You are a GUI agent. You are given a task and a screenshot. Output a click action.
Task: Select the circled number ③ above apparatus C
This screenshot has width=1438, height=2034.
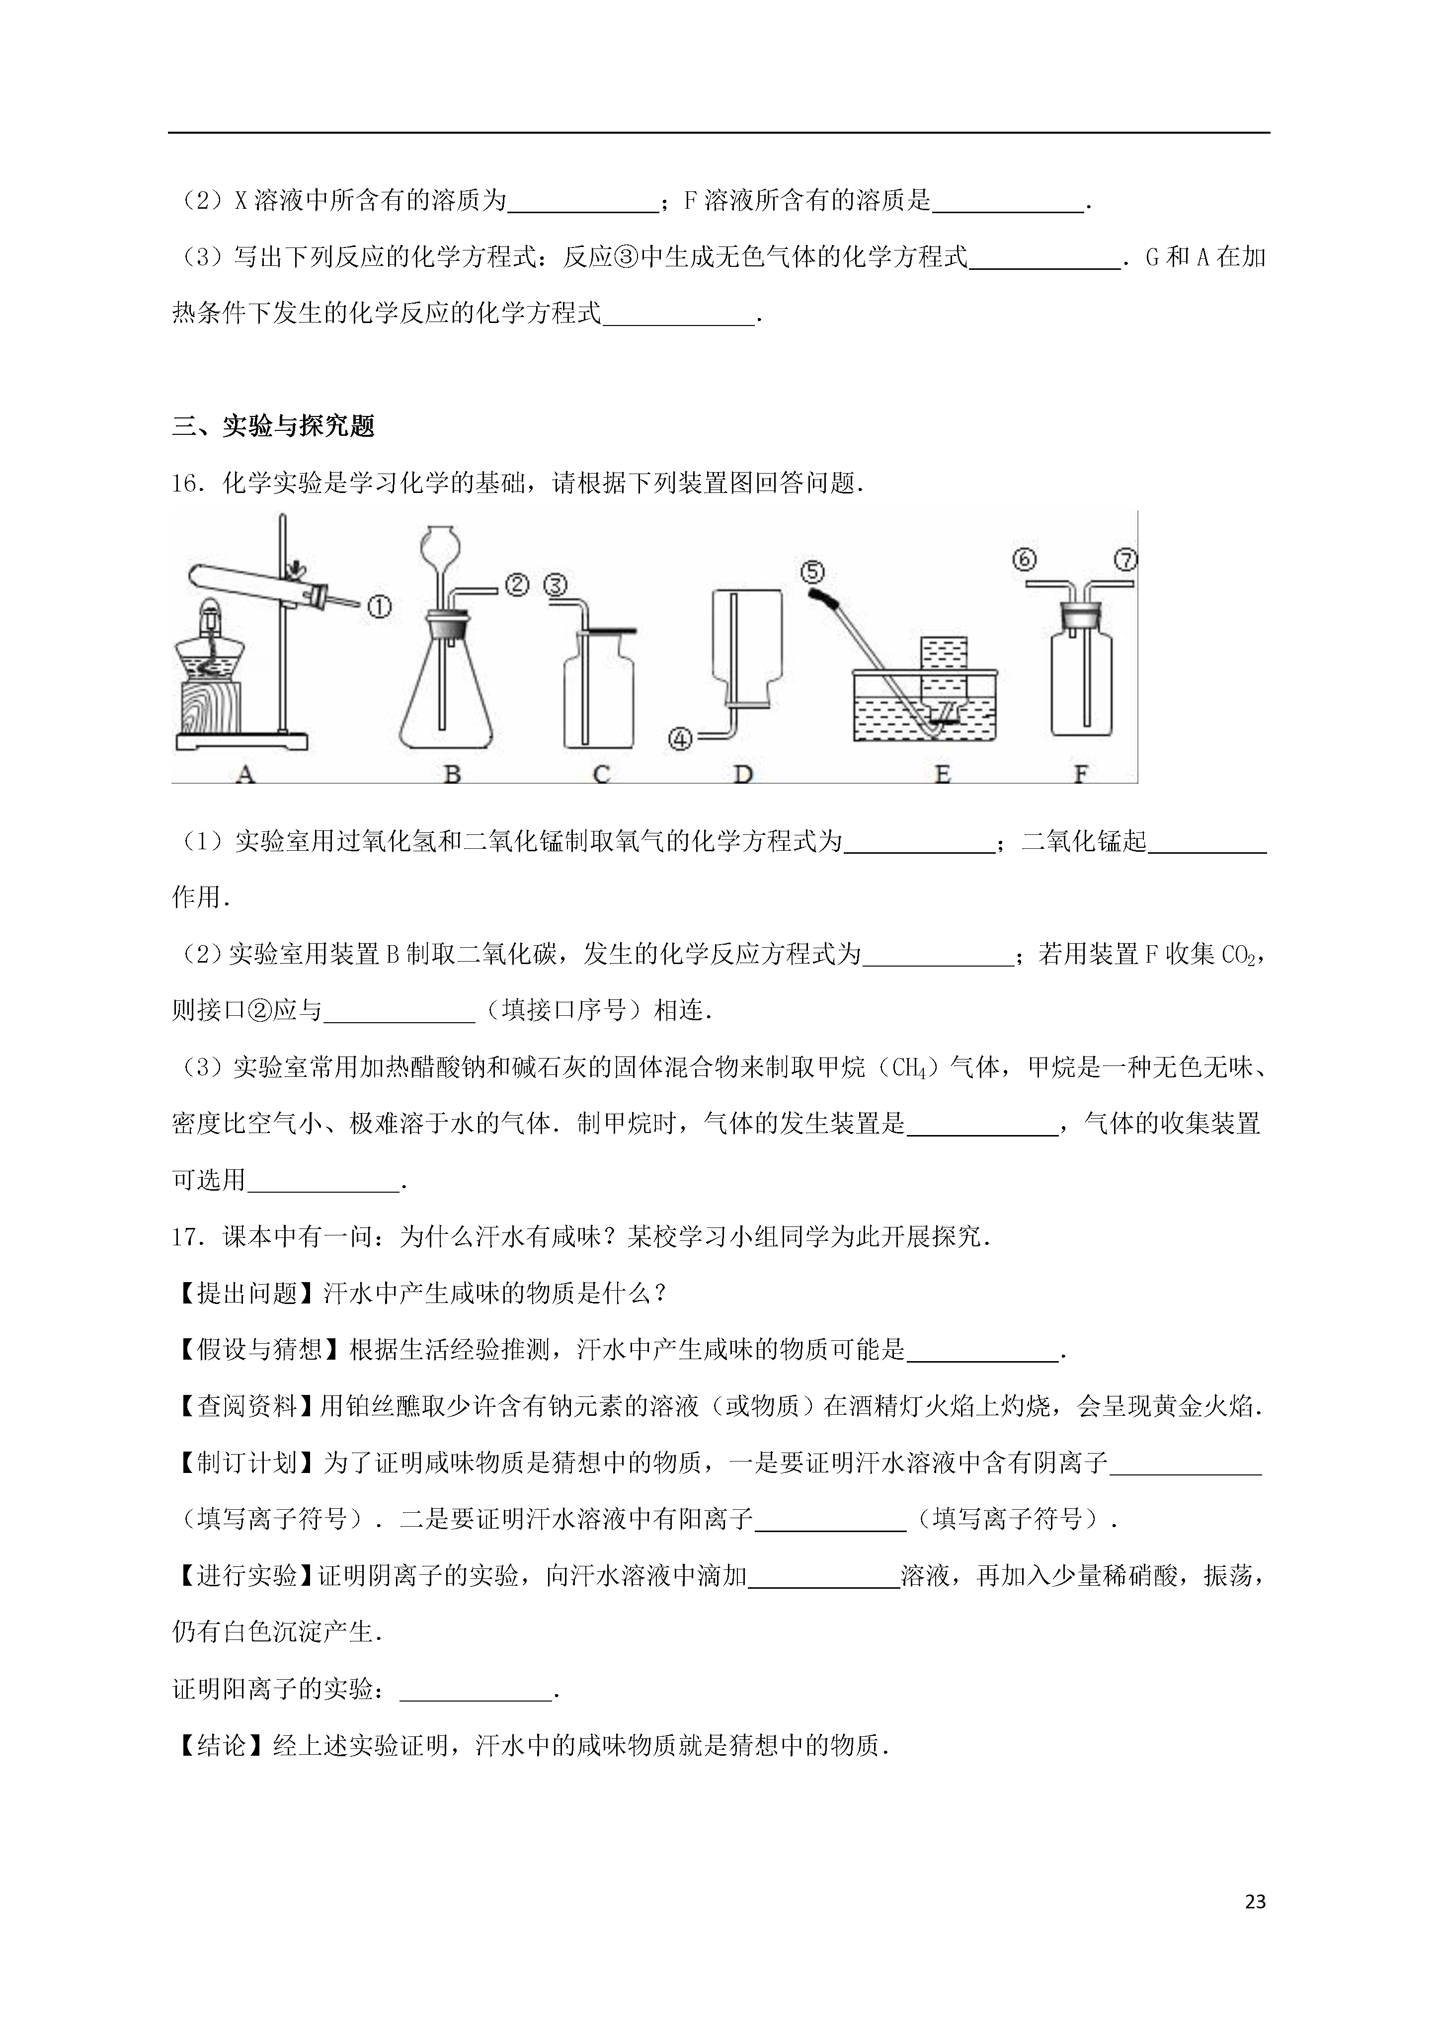[556, 585]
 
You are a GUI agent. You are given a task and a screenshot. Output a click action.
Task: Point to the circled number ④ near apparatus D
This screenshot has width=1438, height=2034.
[680, 738]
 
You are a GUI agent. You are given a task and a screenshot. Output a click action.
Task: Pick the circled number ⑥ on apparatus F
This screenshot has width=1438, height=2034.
[1024, 560]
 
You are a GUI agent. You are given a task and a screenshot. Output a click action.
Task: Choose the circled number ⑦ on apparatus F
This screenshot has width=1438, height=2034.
[1125, 560]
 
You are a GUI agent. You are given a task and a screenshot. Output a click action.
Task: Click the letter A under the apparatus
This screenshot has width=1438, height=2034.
[245, 774]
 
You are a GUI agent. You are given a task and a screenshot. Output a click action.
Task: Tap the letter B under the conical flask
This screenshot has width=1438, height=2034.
[452, 774]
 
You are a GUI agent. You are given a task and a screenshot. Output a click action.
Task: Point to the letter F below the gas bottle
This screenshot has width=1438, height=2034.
[1080, 774]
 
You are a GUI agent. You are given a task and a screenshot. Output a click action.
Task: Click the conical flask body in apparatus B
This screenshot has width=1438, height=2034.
[445, 700]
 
